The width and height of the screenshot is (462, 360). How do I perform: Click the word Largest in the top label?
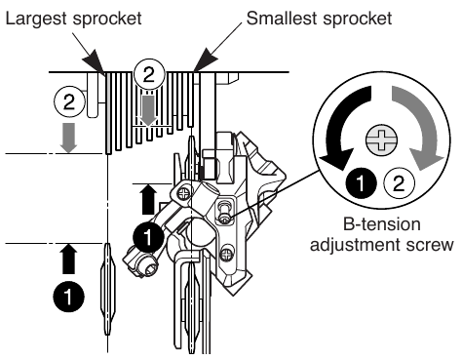point(32,19)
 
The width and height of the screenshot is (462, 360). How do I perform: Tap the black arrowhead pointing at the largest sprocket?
point(98,63)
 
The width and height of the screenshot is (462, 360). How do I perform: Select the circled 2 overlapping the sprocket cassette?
point(147,71)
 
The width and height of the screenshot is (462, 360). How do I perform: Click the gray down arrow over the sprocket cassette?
point(147,107)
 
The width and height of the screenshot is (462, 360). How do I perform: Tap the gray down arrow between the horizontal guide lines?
point(67,137)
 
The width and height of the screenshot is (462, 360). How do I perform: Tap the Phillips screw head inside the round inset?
point(376,139)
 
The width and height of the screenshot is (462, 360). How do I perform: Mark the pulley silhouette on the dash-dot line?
point(107,289)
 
